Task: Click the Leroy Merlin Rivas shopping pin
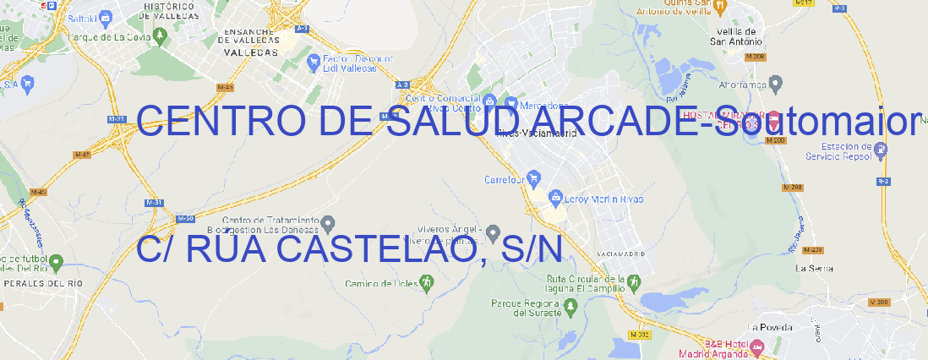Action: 555,199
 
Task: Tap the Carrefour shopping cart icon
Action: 534,179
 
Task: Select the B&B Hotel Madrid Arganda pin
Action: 757,346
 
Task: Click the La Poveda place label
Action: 769,327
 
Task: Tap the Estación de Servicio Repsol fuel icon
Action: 881,150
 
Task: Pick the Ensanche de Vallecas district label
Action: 250,40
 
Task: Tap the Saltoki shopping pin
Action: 105,17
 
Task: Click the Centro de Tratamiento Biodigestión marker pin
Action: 329,223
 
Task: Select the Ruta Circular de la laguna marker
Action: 630,281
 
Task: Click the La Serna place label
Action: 815,268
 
